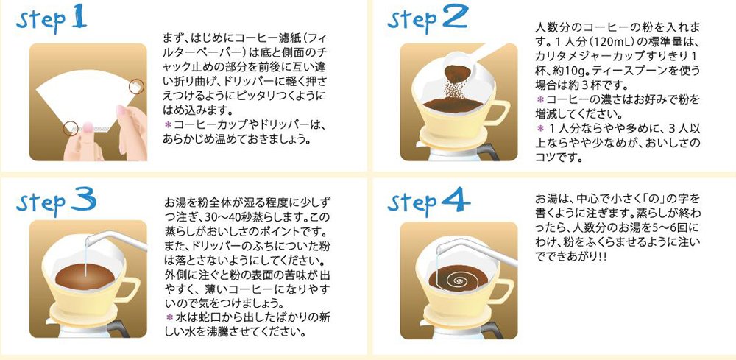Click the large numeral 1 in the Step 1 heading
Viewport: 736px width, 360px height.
pyautogui.click(x=79, y=18)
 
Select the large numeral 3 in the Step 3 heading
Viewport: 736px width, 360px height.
pyautogui.click(x=83, y=200)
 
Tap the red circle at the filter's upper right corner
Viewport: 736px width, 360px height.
pyautogui.click(x=136, y=86)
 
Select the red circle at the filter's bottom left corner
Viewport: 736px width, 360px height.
pyautogui.click(x=71, y=128)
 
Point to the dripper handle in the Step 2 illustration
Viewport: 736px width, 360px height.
pyautogui.click(x=500, y=113)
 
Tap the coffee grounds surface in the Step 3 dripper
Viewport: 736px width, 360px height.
pyautogui.click(x=85, y=276)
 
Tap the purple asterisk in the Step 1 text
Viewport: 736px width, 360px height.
pyautogui.click(x=167, y=124)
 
